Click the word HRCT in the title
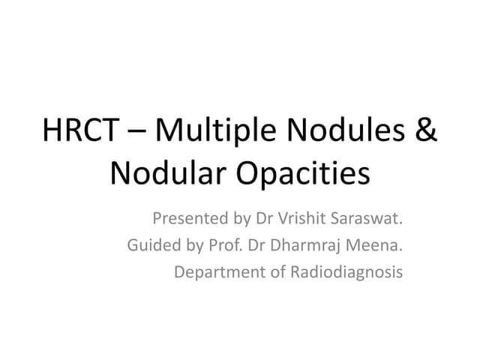80,130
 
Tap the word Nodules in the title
346,129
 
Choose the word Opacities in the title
303,174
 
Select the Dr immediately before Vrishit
264,218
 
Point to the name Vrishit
301,218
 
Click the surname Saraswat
367,218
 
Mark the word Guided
154,245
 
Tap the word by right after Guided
195,246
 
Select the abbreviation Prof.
226,245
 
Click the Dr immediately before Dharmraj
256,245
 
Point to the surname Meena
374,245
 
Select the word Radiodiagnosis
346,272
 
